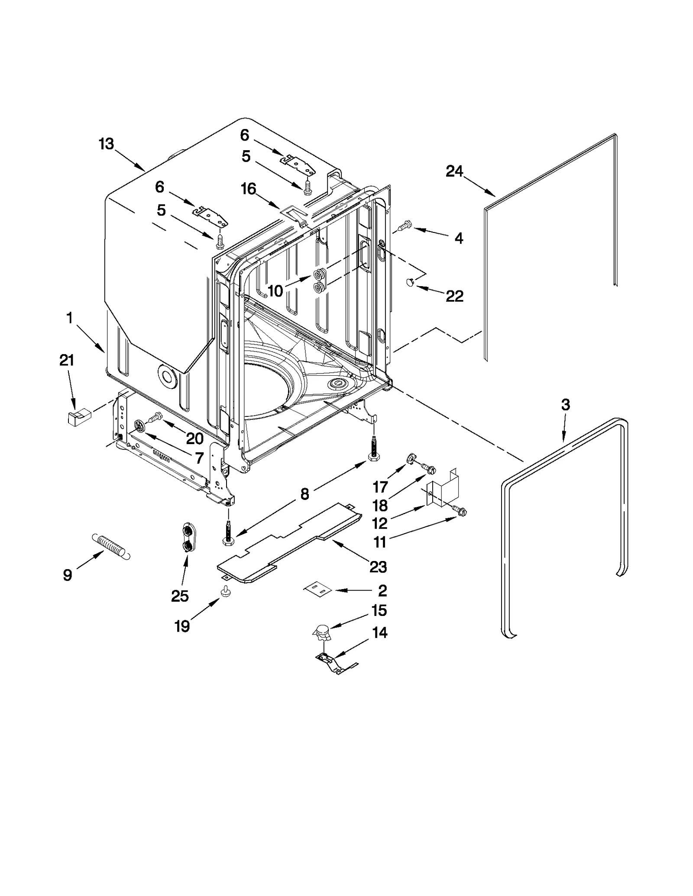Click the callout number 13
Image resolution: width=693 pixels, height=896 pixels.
coord(106,144)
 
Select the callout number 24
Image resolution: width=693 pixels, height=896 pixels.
coord(454,172)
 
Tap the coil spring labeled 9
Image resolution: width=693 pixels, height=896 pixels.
coord(111,546)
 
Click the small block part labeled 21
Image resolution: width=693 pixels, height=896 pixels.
coord(78,417)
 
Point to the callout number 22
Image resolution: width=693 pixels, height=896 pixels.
coord(454,296)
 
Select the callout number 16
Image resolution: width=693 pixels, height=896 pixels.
coord(249,189)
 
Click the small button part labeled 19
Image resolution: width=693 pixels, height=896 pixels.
coord(226,591)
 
